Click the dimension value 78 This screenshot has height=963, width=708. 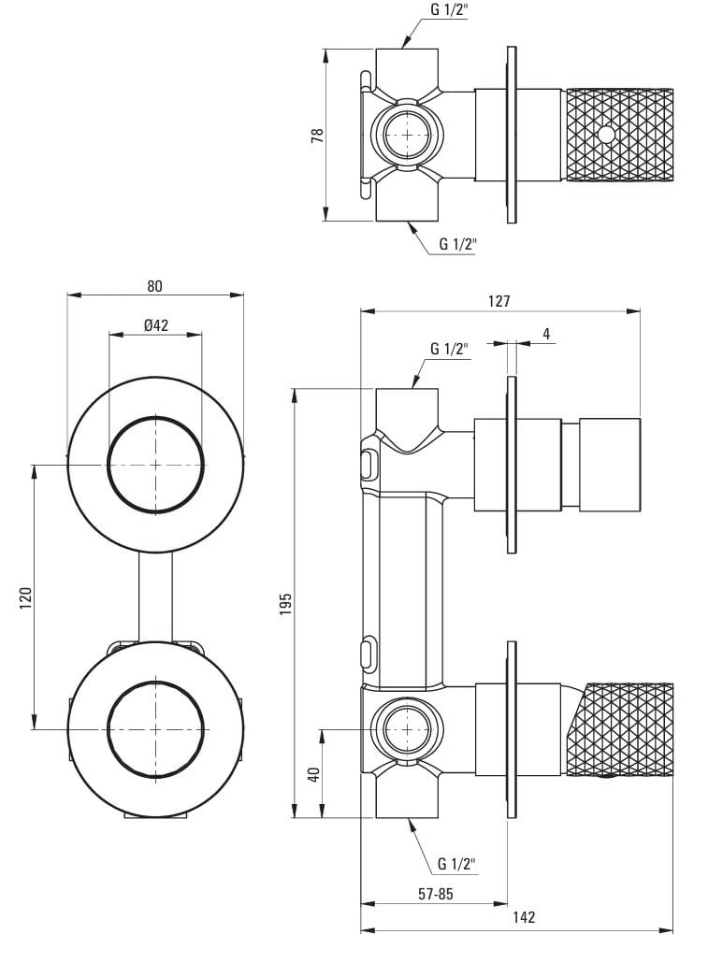tap(318, 135)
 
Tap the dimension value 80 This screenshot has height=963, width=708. tap(155, 285)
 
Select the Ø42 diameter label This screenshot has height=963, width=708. tap(155, 324)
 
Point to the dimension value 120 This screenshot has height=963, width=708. tap(25, 596)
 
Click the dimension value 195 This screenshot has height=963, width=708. tap(286, 602)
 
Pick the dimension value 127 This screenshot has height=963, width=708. tap(499, 301)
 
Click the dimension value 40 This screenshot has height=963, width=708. tap(314, 774)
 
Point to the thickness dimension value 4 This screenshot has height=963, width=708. tap(546, 334)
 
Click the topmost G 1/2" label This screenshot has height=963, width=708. tap(449, 10)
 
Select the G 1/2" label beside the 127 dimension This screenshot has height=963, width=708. tap(449, 349)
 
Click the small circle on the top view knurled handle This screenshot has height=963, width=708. tap(606, 135)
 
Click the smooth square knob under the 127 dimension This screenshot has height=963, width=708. tap(610, 465)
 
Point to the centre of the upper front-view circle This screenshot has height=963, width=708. tap(155, 465)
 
